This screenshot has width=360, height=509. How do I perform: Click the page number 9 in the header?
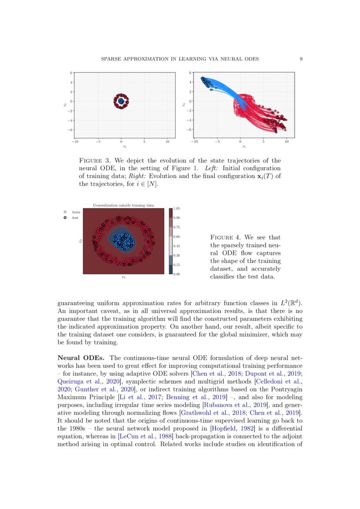(x=301, y=59)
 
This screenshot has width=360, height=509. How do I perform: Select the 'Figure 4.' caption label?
(x=225, y=237)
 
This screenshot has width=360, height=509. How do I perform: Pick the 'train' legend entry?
(x=75, y=212)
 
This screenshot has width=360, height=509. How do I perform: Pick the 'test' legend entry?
(x=75, y=217)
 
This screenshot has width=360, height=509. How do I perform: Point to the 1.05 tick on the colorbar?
(x=176, y=209)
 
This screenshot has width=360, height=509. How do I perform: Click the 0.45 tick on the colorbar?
(x=176, y=246)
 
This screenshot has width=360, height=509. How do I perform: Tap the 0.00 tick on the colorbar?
(x=176, y=274)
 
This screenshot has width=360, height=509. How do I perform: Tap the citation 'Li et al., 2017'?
(x=136, y=397)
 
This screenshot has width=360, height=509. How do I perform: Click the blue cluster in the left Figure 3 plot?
(x=121, y=101)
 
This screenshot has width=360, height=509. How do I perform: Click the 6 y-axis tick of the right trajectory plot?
(x=190, y=73)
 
